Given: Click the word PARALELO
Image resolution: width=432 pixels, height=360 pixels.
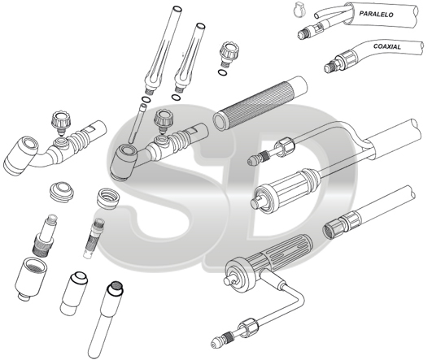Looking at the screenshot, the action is (x=376, y=14).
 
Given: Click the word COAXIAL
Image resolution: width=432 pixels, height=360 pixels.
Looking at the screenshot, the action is (x=386, y=46).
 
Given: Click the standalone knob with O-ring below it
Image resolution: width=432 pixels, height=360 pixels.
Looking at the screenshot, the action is (x=229, y=53).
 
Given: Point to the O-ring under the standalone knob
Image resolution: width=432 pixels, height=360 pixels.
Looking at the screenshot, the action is (x=222, y=72).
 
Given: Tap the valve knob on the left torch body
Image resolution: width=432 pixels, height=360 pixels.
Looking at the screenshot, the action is (x=62, y=122).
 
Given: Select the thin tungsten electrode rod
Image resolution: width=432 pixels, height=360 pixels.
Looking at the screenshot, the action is (x=137, y=123).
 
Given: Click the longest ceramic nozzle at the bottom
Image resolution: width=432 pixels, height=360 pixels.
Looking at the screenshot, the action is (x=105, y=319).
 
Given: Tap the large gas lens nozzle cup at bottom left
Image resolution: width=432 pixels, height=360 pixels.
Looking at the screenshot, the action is (x=31, y=279).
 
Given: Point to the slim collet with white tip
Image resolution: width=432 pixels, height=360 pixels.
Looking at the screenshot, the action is (x=93, y=238).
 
